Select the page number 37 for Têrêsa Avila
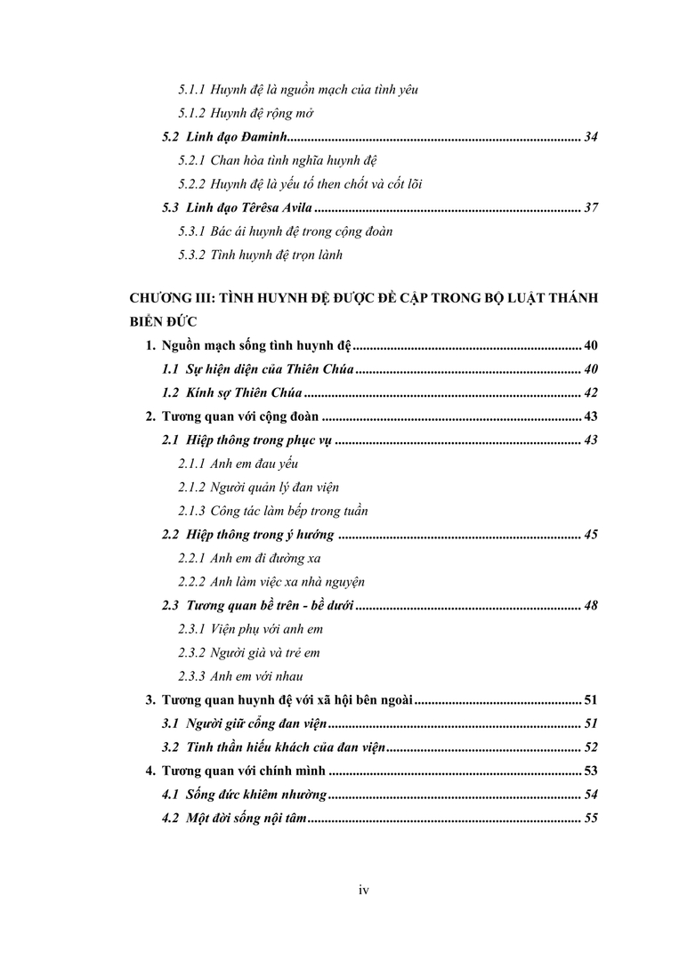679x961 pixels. [x=590, y=208]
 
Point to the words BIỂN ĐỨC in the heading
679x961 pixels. [x=162, y=322]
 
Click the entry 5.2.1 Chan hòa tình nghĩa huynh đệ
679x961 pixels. [x=278, y=160]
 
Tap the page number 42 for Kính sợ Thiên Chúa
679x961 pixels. [x=590, y=392]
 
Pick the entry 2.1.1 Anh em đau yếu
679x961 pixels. [x=238, y=464]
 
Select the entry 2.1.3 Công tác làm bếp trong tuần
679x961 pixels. [x=273, y=511]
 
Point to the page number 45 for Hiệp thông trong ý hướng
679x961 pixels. [x=590, y=535]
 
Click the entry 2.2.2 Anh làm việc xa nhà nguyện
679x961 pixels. [x=271, y=582]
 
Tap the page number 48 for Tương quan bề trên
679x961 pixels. [x=590, y=606]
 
